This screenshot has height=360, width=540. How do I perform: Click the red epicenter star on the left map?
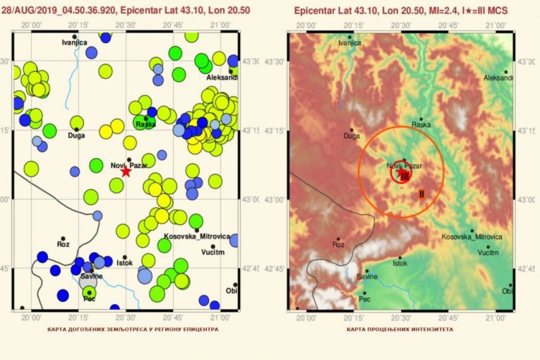click(x=126, y=171)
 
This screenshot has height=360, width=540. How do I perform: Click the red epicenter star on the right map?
click(x=402, y=172)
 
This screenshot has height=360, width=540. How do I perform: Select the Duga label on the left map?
click(x=76, y=136)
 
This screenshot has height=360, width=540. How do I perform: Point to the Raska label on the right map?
click(x=421, y=125)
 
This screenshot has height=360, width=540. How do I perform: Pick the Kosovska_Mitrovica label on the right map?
click(x=472, y=236)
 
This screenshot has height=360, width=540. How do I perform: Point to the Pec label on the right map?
click(x=364, y=299)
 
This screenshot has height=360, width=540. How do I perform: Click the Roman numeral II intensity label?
click(x=421, y=193)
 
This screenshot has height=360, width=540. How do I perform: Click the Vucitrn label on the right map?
click(x=488, y=252)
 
